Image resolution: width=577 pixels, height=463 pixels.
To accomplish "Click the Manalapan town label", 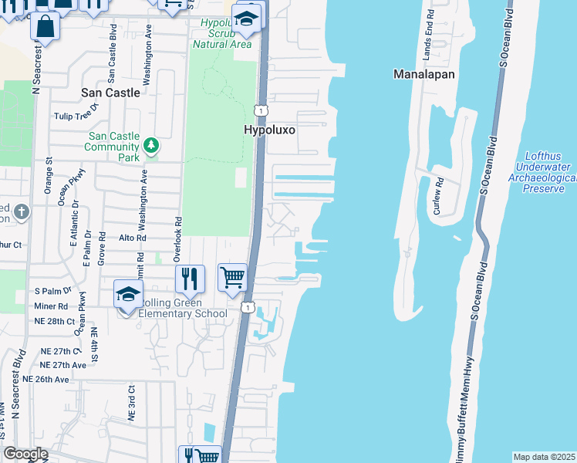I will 423,75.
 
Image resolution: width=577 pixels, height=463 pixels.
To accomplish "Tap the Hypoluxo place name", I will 270,130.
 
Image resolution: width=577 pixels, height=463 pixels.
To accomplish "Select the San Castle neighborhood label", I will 111,93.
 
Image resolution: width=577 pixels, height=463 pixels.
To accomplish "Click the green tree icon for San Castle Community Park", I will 152,145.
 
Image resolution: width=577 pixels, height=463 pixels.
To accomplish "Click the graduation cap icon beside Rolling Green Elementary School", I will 129,294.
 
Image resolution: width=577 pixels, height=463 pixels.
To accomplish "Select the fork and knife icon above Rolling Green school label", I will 189,278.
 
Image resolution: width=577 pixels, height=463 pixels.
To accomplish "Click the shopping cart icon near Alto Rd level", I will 232,275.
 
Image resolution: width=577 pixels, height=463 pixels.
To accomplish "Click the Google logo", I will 25,454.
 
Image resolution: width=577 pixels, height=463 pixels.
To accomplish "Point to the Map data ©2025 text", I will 544,457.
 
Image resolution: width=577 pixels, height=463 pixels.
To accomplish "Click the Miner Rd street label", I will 51,306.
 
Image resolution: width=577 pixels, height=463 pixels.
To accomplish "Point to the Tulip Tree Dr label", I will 76,116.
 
